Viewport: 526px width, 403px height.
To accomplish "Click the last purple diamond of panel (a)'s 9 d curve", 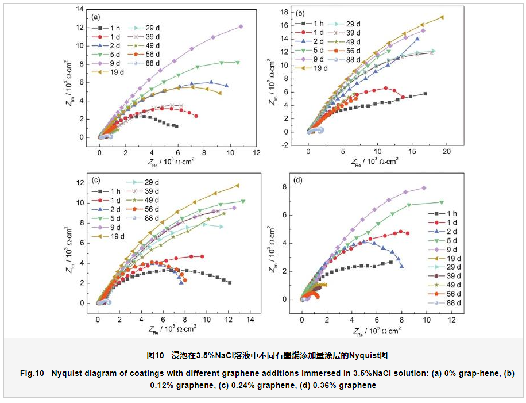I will pyautogui.click(x=241, y=26).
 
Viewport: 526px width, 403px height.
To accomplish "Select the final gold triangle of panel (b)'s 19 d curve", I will pyautogui.click(x=442, y=17).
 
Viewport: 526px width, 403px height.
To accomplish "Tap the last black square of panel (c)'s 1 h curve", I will pyautogui.click(x=230, y=282).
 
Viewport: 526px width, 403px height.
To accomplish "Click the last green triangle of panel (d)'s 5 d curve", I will pyautogui.click(x=442, y=202).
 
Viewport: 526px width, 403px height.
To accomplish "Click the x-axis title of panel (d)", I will pyautogui.click(x=377, y=331).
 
